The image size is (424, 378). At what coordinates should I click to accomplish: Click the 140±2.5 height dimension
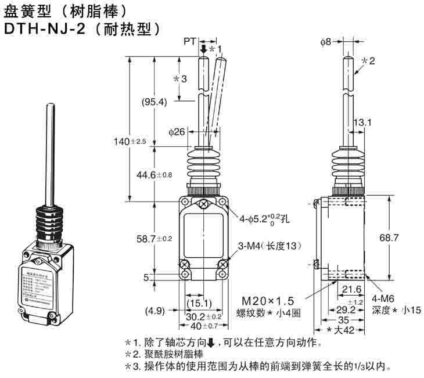pos(131,141)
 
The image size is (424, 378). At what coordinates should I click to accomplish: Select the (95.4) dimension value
pos(154,102)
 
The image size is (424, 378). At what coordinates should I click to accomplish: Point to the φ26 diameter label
pos(177,132)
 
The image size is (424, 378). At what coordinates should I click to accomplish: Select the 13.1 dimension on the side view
pos(362,122)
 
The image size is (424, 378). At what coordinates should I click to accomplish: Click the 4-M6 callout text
pos(386,298)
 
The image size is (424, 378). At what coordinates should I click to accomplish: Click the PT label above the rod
pos(189,41)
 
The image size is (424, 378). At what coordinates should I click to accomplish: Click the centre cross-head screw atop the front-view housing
pos(203,204)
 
